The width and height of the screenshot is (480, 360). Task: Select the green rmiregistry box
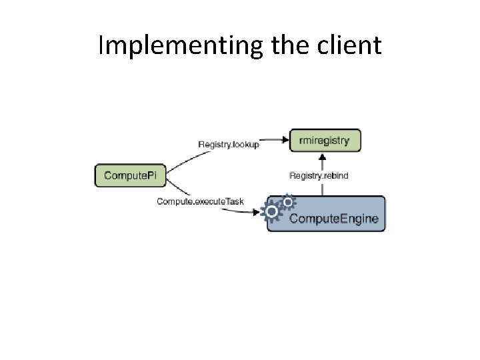click(x=325, y=140)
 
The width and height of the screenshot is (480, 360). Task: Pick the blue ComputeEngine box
click(x=326, y=213)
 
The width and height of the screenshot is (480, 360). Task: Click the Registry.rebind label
click(x=319, y=176)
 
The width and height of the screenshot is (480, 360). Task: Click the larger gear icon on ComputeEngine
click(x=273, y=213)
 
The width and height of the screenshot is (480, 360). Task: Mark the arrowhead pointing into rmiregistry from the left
click(x=285, y=140)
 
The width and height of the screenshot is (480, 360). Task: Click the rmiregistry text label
click(x=325, y=140)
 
